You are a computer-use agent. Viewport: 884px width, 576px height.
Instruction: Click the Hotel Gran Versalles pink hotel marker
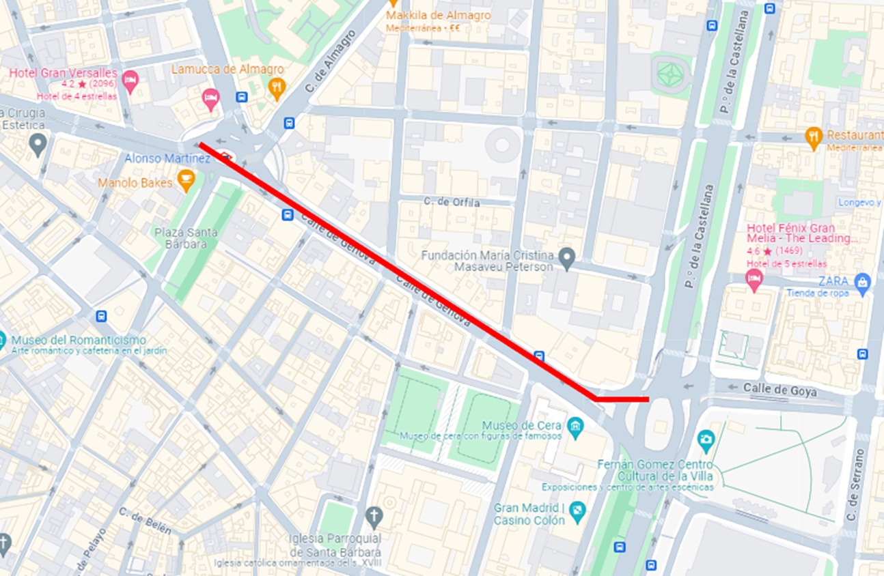point(130,82)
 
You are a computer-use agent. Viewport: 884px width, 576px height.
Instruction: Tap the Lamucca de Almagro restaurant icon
point(277,87)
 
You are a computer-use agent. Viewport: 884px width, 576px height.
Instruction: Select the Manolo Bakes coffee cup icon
point(185,180)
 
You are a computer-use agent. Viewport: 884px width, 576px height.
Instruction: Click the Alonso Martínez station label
point(167,158)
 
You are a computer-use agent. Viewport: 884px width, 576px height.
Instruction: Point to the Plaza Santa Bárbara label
point(186,238)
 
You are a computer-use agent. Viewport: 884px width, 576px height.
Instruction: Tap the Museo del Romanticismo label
point(79,340)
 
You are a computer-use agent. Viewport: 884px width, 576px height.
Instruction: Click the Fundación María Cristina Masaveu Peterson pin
point(566,257)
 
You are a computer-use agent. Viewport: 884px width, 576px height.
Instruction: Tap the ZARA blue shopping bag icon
point(863,281)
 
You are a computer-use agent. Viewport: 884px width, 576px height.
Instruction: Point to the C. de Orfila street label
point(452,203)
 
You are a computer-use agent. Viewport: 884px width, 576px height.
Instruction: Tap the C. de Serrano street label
point(851,487)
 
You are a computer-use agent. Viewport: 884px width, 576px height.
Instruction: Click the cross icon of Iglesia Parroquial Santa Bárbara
point(373,515)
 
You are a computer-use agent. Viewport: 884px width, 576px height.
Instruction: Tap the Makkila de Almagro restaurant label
point(428,15)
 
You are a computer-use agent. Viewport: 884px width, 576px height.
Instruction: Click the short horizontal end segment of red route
point(622,399)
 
